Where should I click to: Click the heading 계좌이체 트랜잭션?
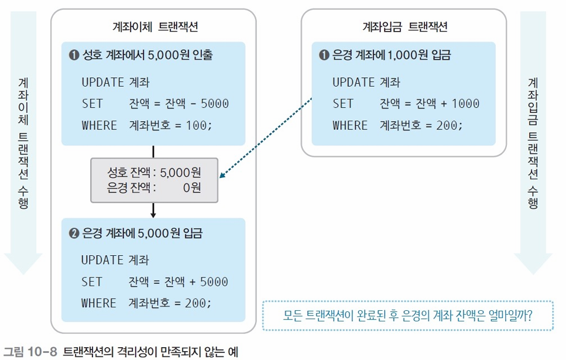153,26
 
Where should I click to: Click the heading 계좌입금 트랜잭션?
404,26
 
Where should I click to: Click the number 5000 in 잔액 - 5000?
214,104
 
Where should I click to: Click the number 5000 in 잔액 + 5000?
214,282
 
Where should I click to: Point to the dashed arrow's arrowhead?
222,175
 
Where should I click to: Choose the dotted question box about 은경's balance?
407,316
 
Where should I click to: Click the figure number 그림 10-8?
30,352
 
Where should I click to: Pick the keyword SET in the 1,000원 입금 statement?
343,104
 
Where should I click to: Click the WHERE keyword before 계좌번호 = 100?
100,126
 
